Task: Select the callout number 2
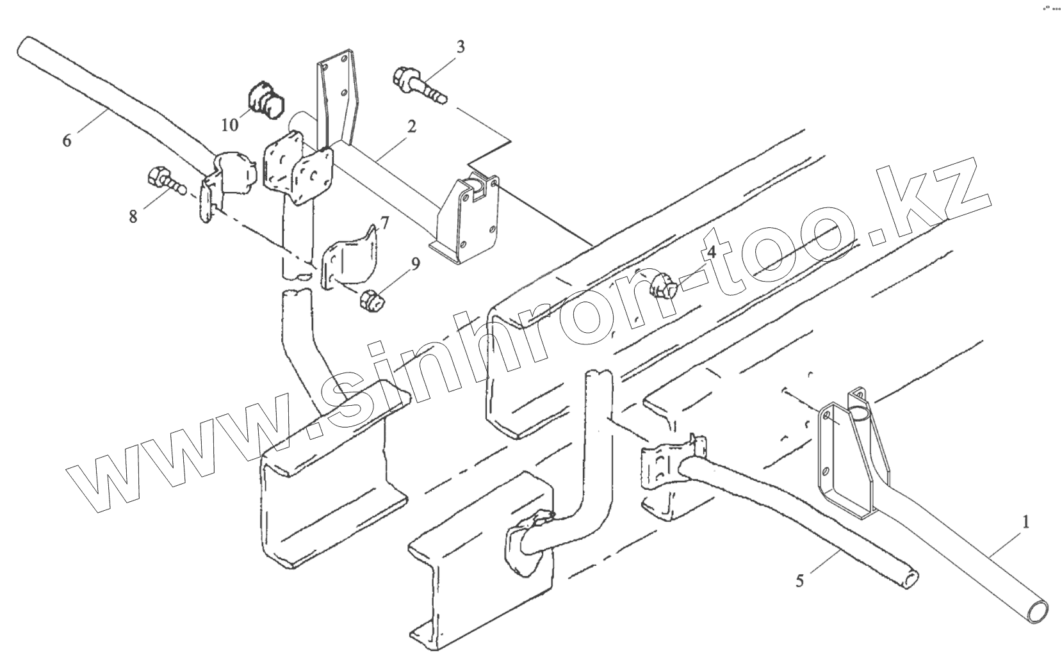click(x=411, y=127)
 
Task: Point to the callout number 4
click(x=711, y=253)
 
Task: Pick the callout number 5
click(x=799, y=581)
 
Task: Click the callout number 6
click(x=67, y=140)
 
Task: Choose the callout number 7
click(x=384, y=223)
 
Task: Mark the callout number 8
click(x=133, y=216)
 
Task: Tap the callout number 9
click(x=416, y=264)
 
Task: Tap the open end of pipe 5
click(x=909, y=578)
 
